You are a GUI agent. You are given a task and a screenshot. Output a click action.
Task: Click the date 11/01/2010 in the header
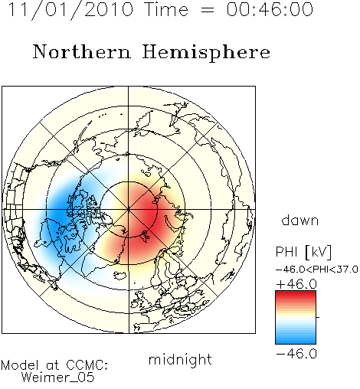click(70, 10)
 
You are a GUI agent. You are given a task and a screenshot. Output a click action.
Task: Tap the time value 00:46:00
click(270, 10)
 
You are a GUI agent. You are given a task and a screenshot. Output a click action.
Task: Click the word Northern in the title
click(82, 52)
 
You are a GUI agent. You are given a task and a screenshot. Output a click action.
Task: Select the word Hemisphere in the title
click(206, 53)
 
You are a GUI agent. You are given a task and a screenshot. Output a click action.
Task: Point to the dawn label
click(300, 221)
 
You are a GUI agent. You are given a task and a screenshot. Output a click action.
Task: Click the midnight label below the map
click(180, 360)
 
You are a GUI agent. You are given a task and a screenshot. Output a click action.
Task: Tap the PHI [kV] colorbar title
click(303, 252)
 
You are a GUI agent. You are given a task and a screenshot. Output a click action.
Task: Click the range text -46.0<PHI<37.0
click(316, 270)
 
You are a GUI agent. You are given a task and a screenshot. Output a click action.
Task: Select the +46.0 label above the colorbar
click(296, 284)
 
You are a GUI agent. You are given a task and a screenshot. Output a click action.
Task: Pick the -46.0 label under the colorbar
click(296, 354)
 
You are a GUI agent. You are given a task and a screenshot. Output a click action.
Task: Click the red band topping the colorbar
click(296, 294)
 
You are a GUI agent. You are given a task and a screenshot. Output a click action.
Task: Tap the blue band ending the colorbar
click(296, 341)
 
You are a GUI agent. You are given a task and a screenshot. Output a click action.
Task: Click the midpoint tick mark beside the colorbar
click(318, 317)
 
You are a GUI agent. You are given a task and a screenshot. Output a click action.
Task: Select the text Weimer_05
click(57, 378)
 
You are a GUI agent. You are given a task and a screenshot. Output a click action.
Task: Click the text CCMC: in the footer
click(87, 365)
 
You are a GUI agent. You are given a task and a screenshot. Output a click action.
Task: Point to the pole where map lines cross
click(129, 210)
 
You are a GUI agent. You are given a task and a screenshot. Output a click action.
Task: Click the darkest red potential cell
click(148, 217)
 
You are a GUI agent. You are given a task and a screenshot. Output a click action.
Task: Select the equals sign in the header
click(207, 11)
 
